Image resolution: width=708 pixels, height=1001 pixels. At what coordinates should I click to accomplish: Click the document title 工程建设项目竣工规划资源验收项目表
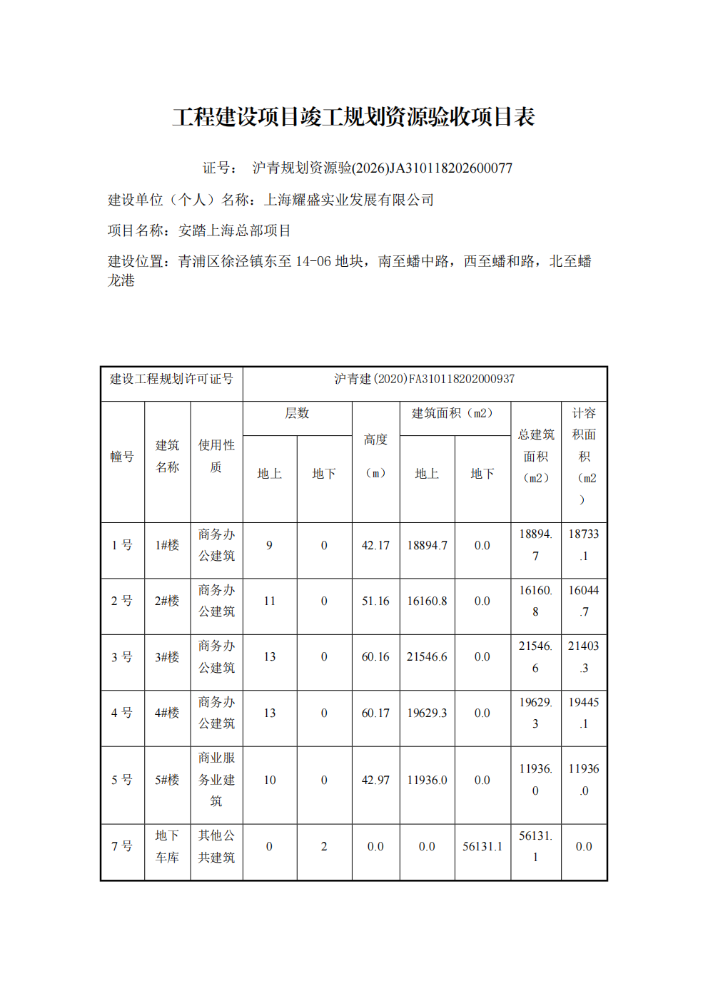tap(353, 117)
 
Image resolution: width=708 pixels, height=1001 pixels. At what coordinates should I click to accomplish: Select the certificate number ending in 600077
tap(382, 168)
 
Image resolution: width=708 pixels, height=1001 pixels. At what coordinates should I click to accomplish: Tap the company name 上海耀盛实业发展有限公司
tap(349, 200)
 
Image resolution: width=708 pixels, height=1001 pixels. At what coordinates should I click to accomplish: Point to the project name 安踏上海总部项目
tap(234, 230)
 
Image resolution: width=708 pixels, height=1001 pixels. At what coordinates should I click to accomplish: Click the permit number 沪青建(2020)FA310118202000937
tap(425, 379)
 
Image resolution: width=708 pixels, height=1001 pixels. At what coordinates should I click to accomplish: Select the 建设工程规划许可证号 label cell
tap(171, 379)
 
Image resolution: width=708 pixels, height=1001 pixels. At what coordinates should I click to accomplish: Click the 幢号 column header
tap(122, 457)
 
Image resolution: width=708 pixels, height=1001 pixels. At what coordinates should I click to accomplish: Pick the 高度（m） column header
tap(375, 456)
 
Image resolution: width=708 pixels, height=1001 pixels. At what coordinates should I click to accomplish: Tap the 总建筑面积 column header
tap(536, 456)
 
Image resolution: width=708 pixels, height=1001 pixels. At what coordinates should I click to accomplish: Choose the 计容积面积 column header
tap(584, 456)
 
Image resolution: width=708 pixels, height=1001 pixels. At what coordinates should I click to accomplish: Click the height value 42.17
tap(375, 546)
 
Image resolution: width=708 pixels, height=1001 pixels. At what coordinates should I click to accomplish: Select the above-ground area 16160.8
tap(427, 601)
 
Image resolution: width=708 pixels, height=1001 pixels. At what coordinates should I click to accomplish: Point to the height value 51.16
tap(375, 601)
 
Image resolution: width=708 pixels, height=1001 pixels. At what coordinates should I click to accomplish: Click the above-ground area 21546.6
tap(427, 657)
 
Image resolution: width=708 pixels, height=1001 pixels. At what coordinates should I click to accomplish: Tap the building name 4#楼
tap(167, 713)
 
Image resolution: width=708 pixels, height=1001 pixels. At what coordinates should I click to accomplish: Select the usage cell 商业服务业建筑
tap(216, 780)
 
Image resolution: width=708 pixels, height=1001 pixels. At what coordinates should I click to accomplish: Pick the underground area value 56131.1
tap(482, 847)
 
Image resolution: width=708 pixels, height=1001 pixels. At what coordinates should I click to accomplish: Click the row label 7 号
tap(122, 847)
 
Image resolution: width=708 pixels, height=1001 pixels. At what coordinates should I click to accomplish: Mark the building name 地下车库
tap(167, 847)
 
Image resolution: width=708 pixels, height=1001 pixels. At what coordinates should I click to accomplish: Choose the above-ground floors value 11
tap(269, 601)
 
